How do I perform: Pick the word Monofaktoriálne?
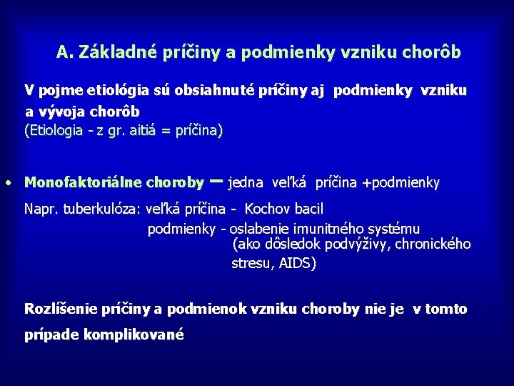(x=83, y=182)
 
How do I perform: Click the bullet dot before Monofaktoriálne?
(x=6, y=182)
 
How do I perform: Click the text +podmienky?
(x=401, y=182)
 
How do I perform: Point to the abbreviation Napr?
(x=40, y=209)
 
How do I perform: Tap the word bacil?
(x=308, y=209)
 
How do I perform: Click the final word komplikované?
(x=133, y=335)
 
